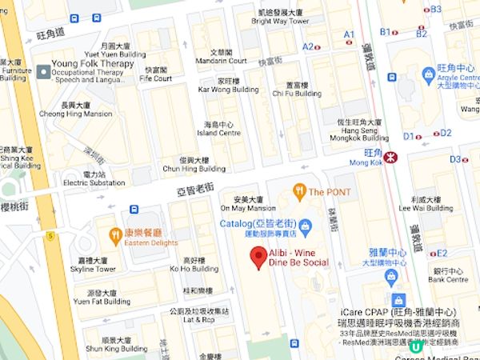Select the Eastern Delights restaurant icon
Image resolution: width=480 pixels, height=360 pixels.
114,234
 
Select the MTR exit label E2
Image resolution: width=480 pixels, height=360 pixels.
441,253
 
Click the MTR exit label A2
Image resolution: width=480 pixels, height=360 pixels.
308,47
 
